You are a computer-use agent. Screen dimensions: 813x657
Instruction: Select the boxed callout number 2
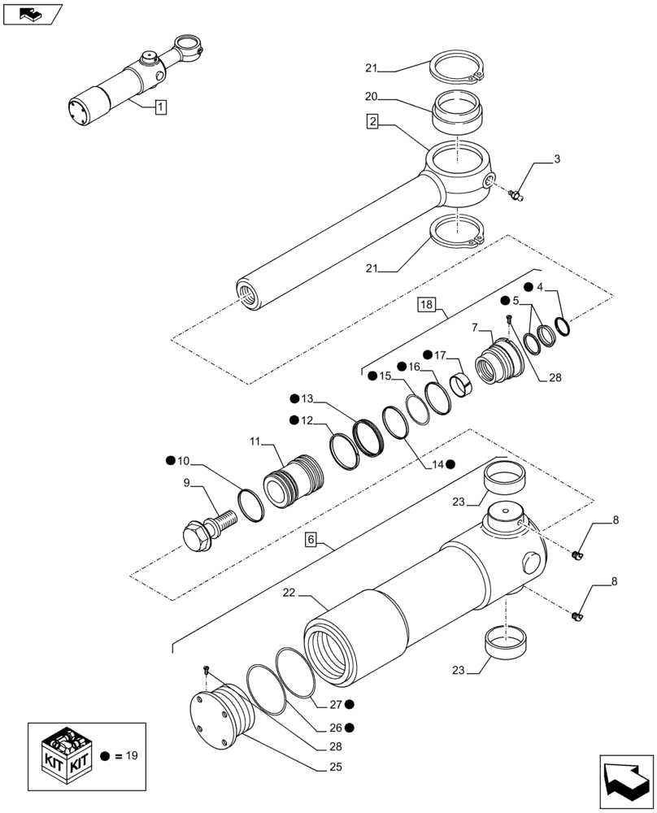coord(372,122)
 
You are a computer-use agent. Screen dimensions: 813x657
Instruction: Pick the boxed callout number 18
coord(427,305)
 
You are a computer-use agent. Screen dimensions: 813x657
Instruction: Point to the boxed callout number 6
coord(311,540)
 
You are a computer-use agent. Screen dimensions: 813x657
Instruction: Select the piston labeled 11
coord(294,486)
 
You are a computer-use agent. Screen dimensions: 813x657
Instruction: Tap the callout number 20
coord(371,96)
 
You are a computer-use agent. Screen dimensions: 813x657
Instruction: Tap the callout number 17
coord(440,354)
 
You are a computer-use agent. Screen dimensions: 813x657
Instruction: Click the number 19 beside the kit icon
coord(132,755)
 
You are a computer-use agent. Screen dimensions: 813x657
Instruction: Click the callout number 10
coord(184,461)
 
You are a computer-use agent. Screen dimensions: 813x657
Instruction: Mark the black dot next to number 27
coord(348,704)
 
